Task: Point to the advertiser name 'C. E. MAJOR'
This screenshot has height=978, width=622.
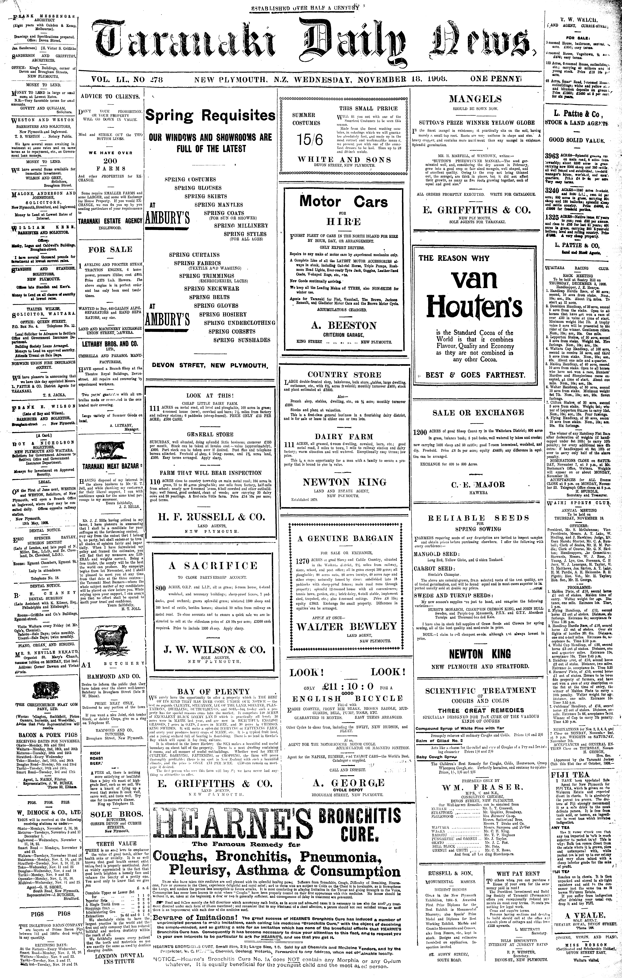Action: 478,485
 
